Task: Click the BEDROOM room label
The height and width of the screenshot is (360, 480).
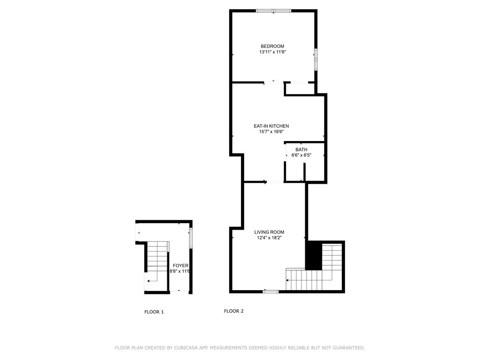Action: click(x=272, y=46)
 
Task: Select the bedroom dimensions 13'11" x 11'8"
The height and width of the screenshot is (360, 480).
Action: click(x=272, y=52)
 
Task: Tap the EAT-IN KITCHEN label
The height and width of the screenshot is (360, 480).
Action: click(x=271, y=126)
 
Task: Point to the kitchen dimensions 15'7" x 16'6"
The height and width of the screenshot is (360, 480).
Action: click(x=271, y=132)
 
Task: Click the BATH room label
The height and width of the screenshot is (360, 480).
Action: click(x=301, y=150)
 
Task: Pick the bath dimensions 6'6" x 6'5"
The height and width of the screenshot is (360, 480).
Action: click(x=301, y=155)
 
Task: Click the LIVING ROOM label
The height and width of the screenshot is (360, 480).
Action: click(x=269, y=232)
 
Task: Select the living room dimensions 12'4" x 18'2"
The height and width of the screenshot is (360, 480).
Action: click(x=269, y=238)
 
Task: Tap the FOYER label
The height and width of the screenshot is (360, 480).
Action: click(x=180, y=265)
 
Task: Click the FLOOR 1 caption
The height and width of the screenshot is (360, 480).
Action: click(x=154, y=312)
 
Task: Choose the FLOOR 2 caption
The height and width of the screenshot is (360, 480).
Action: click(x=233, y=311)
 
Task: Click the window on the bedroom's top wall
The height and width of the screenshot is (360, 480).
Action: click(x=274, y=10)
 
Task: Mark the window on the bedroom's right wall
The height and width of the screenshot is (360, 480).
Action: click(x=316, y=60)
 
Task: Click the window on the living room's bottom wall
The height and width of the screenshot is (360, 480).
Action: click(x=270, y=292)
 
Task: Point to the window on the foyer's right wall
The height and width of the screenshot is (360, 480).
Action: click(x=190, y=238)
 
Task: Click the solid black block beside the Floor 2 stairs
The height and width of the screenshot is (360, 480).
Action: click(x=314, y=255)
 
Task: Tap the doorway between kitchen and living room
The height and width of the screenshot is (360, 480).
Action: click(x=274, y=181)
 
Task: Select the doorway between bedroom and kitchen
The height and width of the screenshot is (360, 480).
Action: click(x=274, y=82)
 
